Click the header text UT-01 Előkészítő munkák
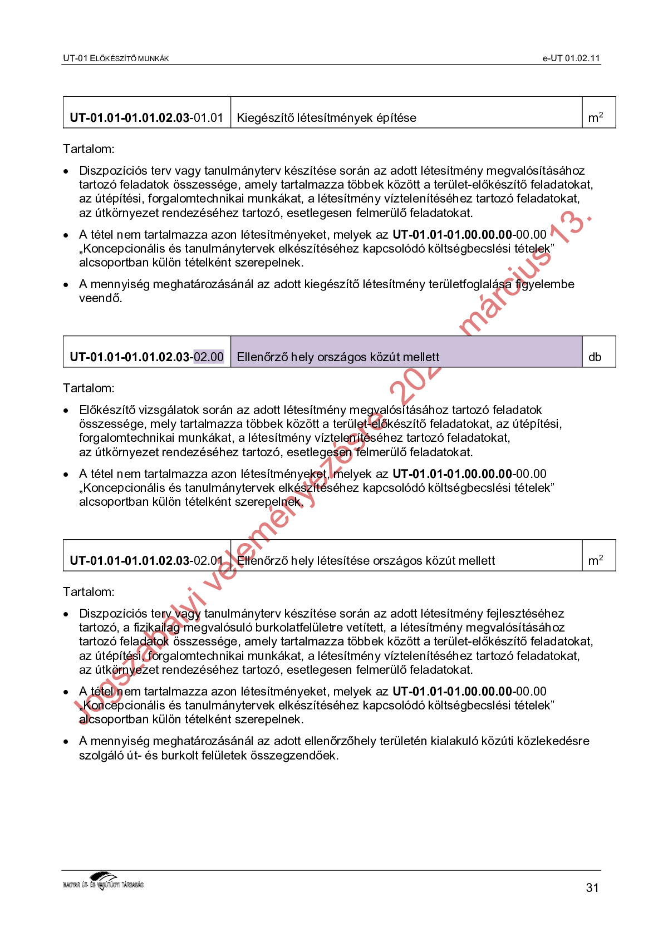coord(116,58)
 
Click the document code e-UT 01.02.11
coord(571,58)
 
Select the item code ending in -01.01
coord(146,118)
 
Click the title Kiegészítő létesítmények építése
coord(326,118)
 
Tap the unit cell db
coord(595,357)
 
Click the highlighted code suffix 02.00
coord(209,357)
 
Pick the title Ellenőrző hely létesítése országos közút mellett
coord(366,561)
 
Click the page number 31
coord(592,887)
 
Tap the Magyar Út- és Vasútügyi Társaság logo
coord(104,882)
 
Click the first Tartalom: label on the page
coord(89,149)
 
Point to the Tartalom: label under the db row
coord(89,388)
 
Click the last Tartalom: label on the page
coord(89,592)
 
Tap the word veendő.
coord(100,298)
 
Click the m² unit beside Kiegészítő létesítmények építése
coord(595,118)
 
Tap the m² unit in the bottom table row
coord(595,561)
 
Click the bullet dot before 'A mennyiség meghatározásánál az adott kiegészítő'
coord(66,285)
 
